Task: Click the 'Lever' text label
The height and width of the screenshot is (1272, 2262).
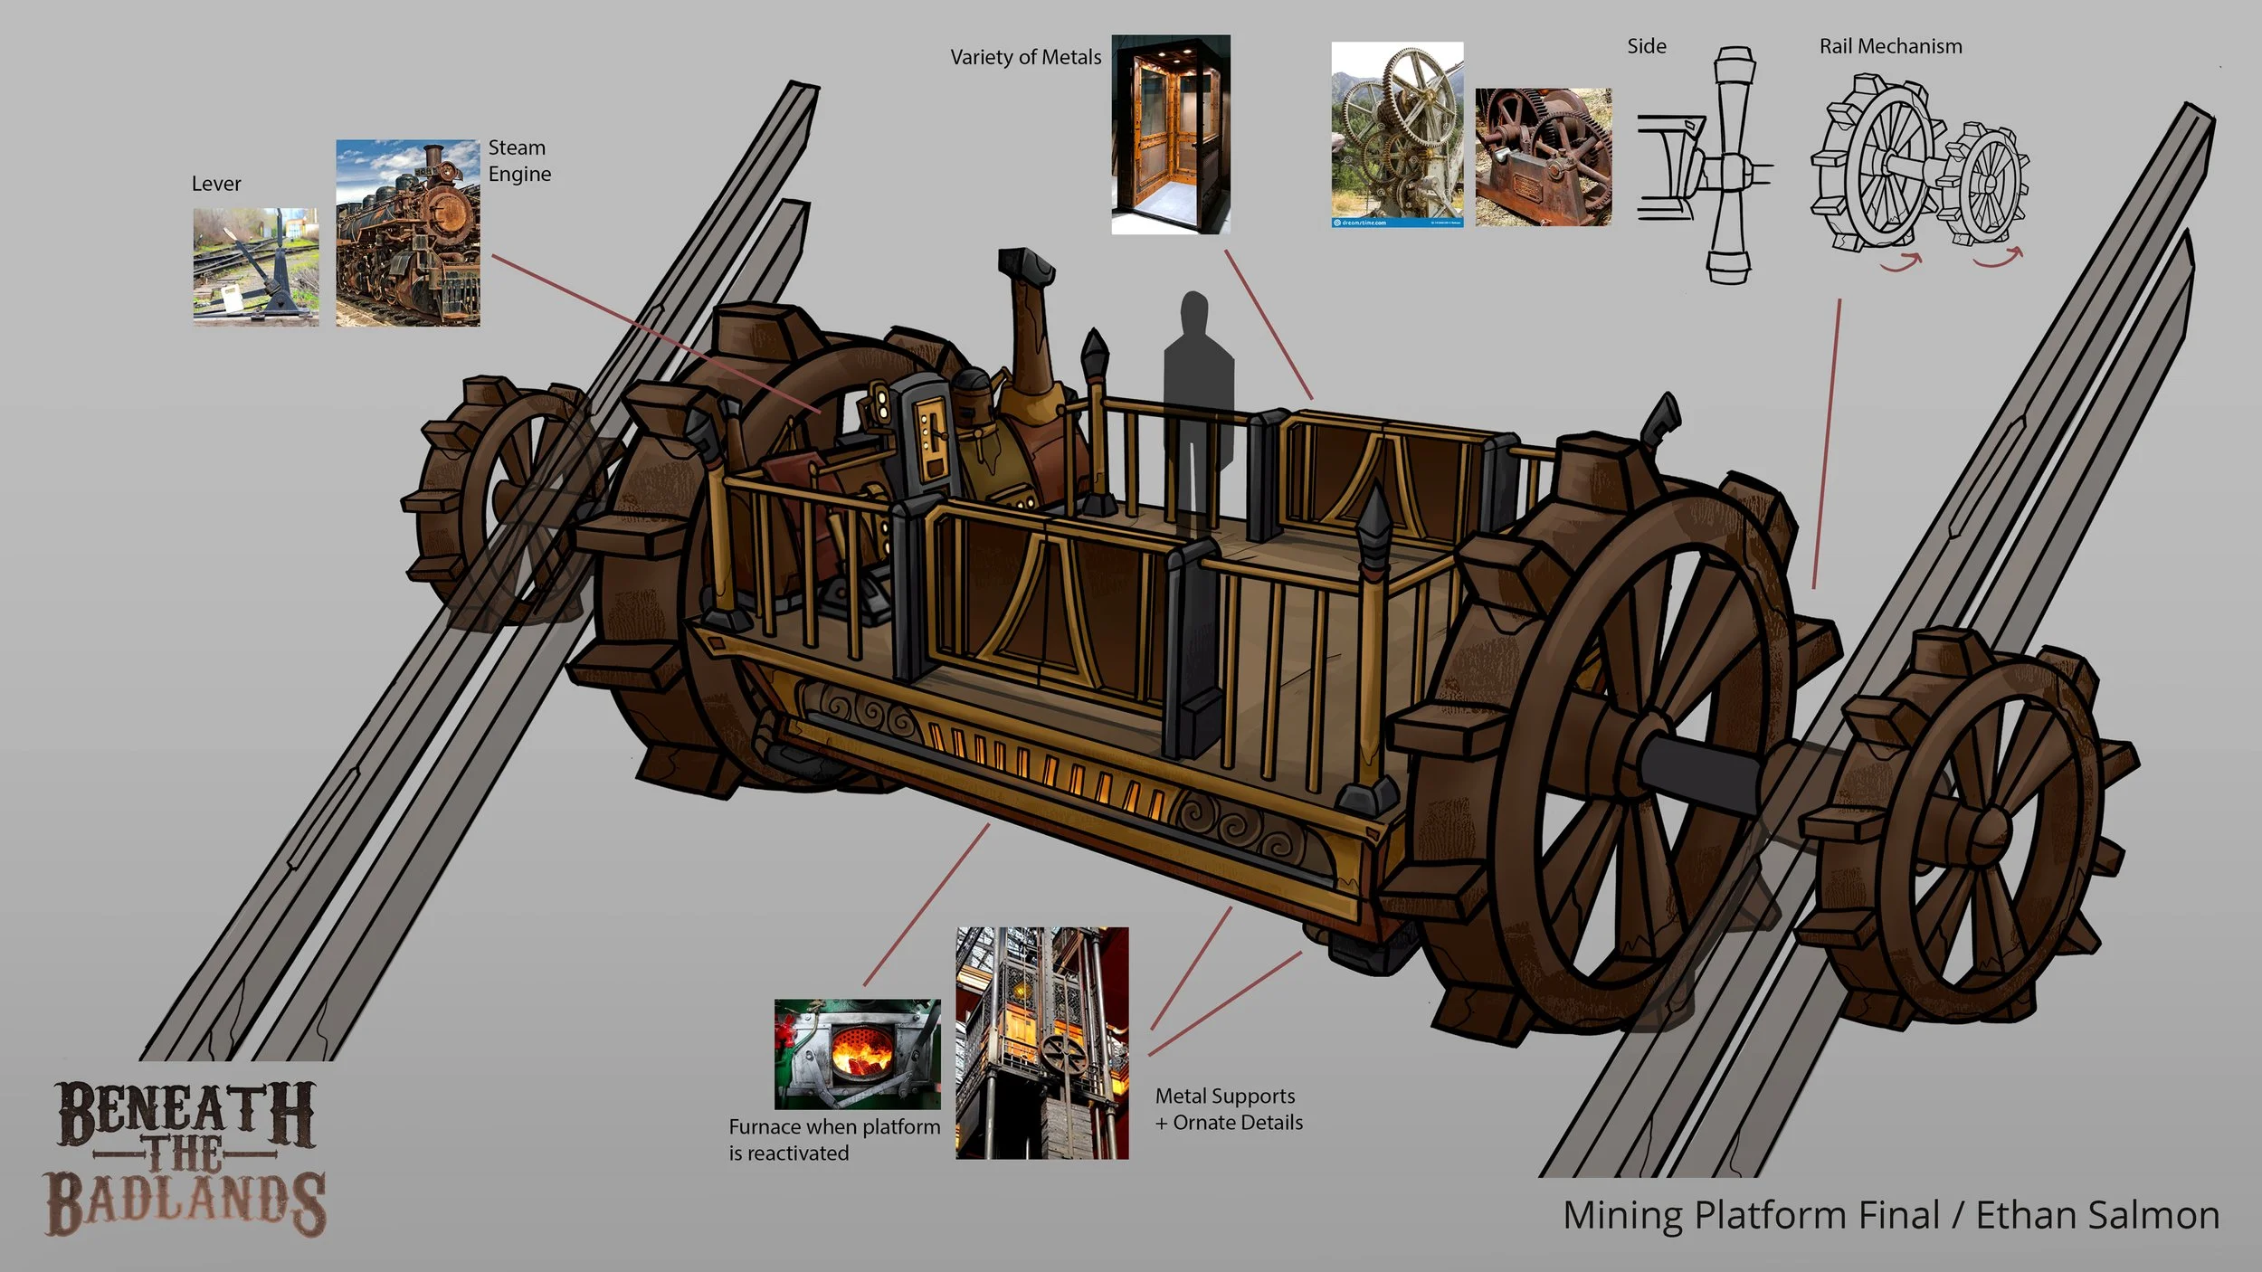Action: (x=216, y=184)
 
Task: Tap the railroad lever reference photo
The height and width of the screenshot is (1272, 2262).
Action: (x=255, y=266)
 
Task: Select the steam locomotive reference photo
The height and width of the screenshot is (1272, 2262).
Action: (x=407, y=233)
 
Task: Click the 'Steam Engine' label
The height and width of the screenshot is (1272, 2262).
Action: (x=519, y=160)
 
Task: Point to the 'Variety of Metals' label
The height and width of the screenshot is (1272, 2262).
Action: (x=1025, y=57)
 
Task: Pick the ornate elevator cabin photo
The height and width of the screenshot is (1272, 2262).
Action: (x=1170, y=135)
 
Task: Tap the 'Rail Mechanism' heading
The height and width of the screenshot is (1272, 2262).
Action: (x=1890, y=46)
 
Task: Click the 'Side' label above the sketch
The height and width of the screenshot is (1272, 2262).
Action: (x=1646, y=46)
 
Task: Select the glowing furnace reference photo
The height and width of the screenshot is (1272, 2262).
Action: (x=857, y=1054)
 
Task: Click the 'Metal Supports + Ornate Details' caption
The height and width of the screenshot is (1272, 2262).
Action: (x=1228, y=1109)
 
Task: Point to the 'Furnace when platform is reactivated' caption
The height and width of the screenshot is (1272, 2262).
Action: (x=833, y=1140)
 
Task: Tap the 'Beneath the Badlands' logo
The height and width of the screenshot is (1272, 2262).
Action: (x=185, y=1157)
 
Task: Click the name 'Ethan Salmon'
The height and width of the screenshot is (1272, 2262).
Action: (x=2096, y=1215)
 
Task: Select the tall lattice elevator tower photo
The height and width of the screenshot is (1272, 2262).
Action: (x=1041, y=1042)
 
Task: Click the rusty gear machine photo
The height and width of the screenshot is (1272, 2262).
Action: (x=1543, y=157)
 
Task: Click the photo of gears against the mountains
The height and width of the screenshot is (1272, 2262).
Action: (x=1396, y=134)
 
